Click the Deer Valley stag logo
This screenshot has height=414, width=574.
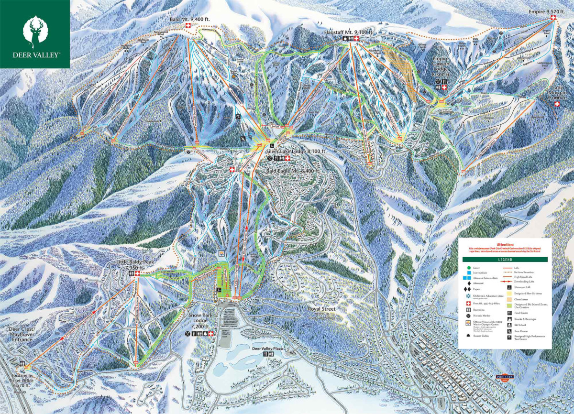pyautogui.click(x=35, y=30)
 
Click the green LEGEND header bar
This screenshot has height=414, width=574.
pyautogui.click(x=505, y=260)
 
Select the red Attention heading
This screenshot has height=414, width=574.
pyautogui.click(x=505, y=244)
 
